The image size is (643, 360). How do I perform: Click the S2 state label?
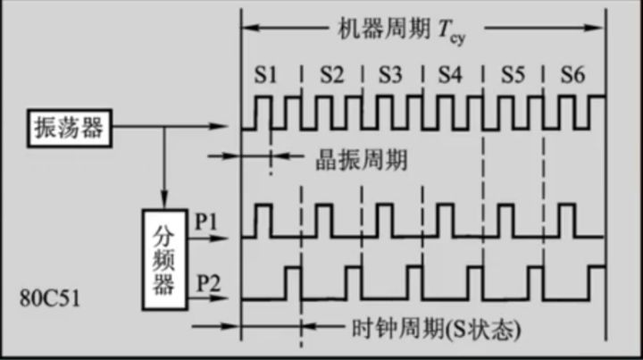point(330,77)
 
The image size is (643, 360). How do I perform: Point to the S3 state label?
point(389,77)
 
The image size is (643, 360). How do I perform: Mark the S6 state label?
point(572,77)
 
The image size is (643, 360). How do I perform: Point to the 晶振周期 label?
point(363,159)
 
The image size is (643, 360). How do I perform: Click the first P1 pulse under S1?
point(263,221)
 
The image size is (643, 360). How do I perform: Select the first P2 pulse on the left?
point(292,282)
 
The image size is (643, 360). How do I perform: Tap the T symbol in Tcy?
point(443,29)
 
